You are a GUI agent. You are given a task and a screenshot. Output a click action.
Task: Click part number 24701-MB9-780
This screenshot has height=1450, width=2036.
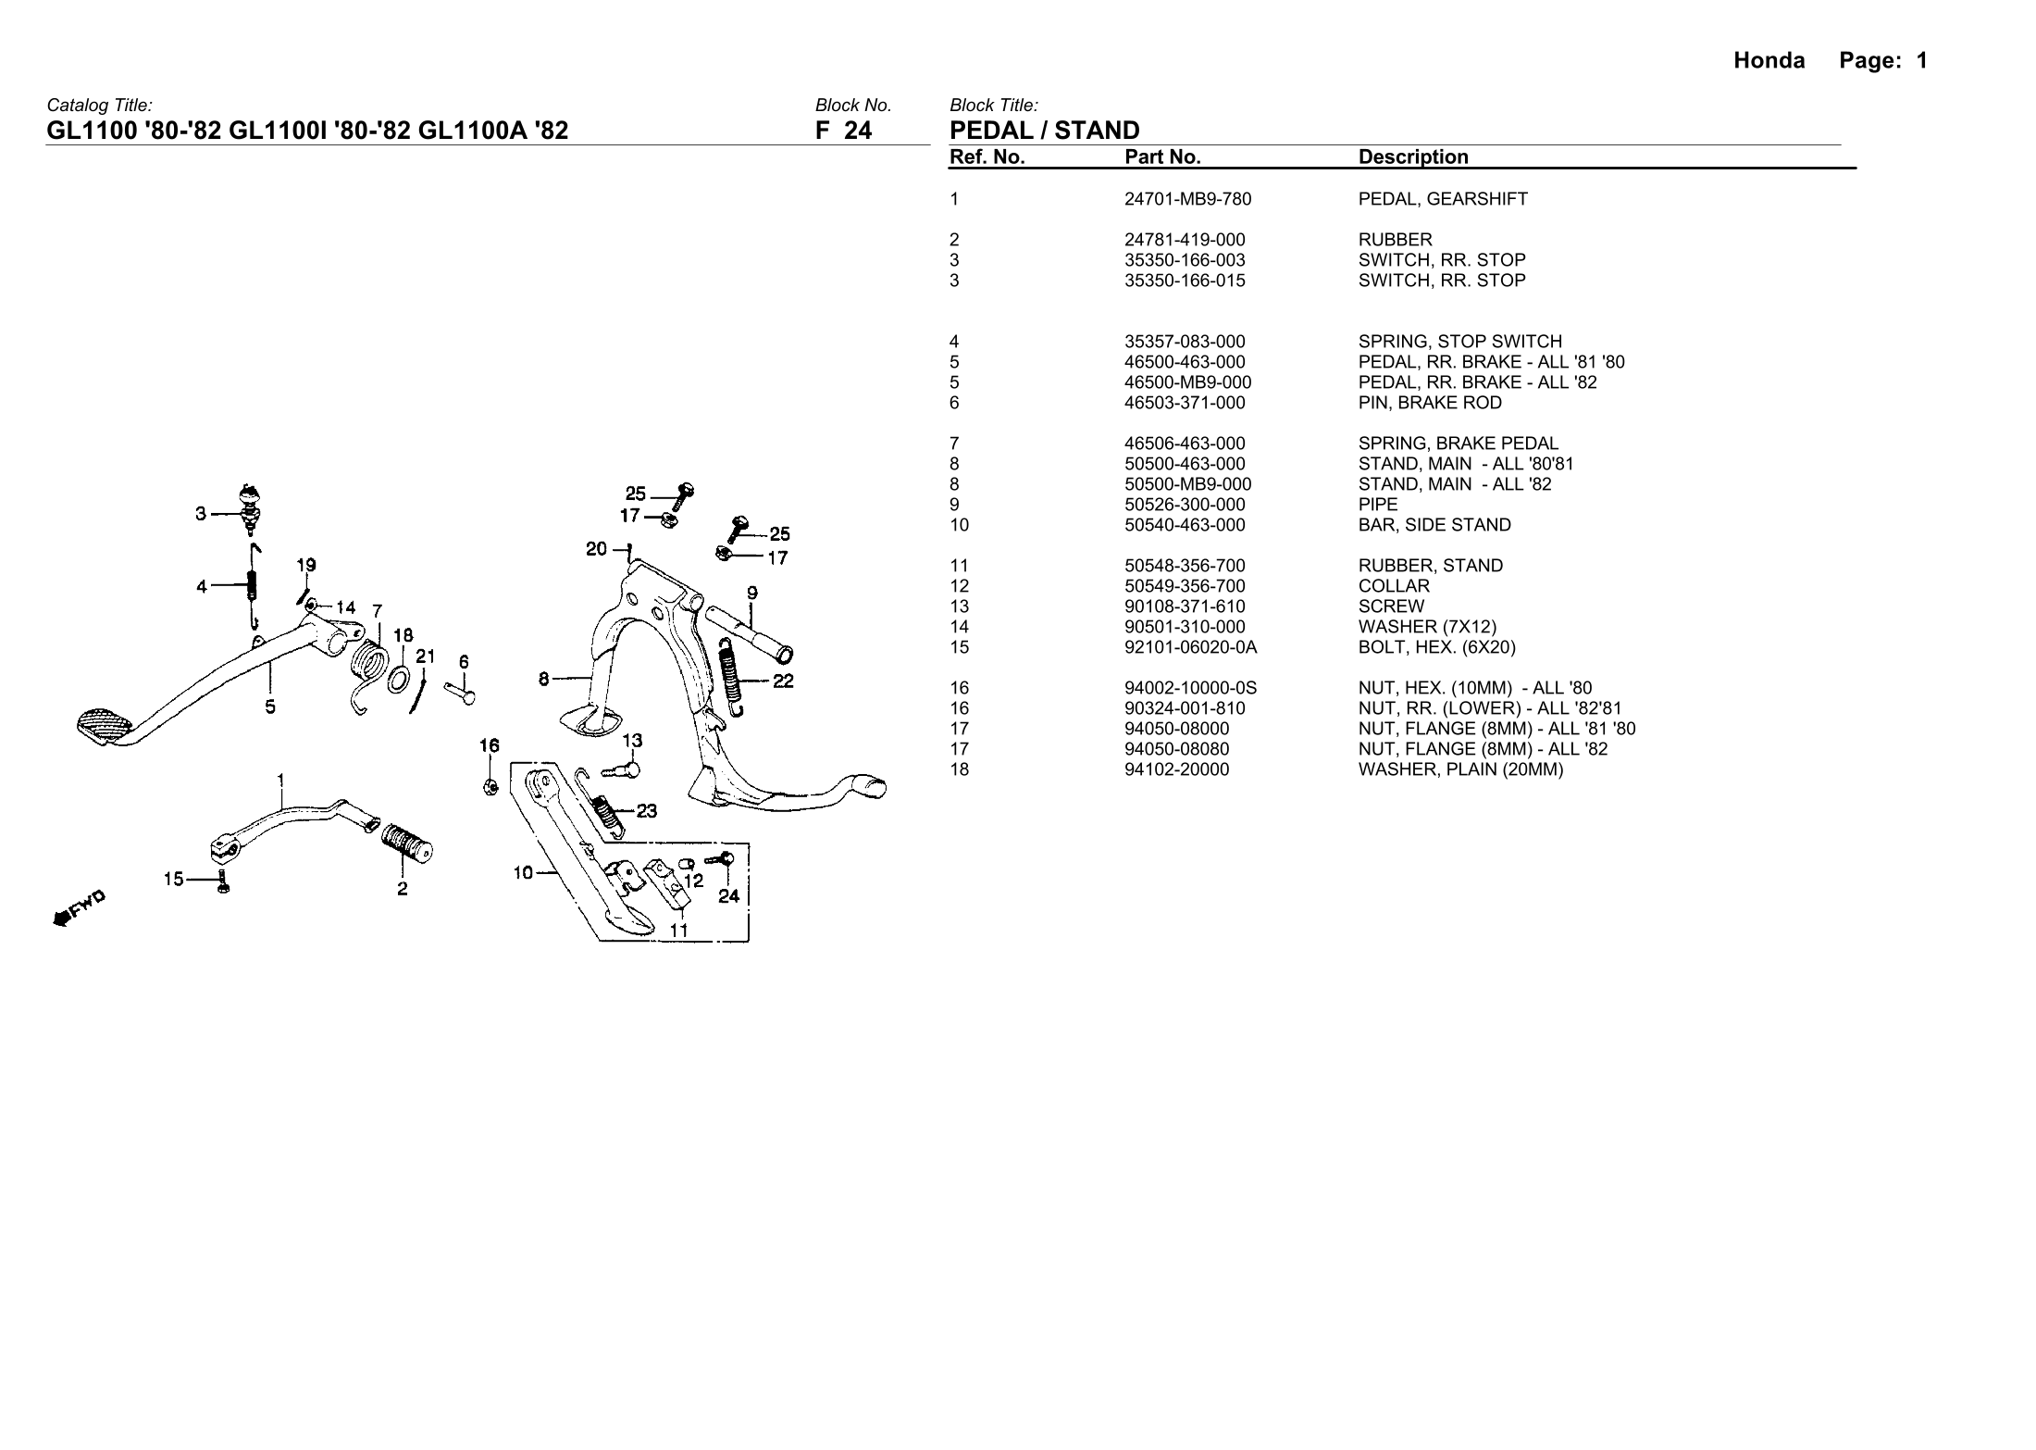(x=1187, y=199)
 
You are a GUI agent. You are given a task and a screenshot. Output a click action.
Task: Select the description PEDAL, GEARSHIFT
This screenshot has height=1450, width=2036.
(x=1443, y=199)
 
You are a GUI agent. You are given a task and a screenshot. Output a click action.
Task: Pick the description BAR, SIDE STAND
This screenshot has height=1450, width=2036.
(x=1434, y=525)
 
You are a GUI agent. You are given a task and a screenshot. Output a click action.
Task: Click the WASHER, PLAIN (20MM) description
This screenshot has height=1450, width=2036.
(x=1460, y=769)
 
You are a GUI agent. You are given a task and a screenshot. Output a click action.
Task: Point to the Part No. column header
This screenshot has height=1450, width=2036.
(x=1162, y=157)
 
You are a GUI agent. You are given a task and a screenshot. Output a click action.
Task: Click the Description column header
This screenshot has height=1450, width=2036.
(x=1413, y=157)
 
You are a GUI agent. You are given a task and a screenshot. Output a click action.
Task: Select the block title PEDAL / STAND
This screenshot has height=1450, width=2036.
(x=1045, y=131)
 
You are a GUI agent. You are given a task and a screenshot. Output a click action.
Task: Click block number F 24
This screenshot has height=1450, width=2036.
(x=843, y=131)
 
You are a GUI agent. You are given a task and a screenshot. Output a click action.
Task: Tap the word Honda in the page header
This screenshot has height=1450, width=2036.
(x=1769, y=61)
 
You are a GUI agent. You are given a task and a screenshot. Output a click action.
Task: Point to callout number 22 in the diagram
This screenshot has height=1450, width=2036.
(x=783, y=682)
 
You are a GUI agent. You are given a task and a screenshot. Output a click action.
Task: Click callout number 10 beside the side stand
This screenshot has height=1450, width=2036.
(x=523, y=872)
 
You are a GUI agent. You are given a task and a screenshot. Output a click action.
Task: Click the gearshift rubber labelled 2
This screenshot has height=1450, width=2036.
(x=407, y=840)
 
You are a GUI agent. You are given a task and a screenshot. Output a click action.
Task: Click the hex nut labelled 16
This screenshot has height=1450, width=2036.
(x=492, y=786)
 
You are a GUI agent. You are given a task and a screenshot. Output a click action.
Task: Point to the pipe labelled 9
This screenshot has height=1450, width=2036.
(x=750, y=633)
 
